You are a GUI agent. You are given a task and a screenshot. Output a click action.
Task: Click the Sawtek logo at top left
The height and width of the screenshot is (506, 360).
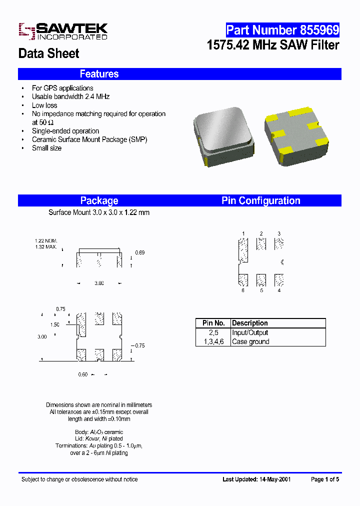[63, 31]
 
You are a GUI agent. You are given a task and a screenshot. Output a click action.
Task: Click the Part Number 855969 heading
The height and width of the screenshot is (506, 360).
[282, 30]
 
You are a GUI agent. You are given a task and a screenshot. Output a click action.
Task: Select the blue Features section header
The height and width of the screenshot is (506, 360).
[99, 74]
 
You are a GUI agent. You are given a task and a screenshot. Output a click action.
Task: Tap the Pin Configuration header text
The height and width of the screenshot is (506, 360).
[260, 200]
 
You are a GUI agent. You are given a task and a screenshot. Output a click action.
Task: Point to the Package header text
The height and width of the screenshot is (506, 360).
[99, 200]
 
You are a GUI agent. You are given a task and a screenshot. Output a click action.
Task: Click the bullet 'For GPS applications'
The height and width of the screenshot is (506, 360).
[62, 88]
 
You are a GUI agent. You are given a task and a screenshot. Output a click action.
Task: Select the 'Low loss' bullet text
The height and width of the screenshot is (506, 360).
[44, 105]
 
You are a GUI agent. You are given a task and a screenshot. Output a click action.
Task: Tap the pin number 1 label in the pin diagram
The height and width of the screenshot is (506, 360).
[243, 233]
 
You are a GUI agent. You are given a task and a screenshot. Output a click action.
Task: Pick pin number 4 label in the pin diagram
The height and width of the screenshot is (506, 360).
[279, 290]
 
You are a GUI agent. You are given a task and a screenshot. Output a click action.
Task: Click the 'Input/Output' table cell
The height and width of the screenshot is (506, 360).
[250, 332]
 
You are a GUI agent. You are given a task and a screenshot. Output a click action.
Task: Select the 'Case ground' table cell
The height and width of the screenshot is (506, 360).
[250, 341]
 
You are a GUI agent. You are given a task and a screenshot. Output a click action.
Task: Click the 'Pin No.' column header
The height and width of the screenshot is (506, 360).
[213, 323]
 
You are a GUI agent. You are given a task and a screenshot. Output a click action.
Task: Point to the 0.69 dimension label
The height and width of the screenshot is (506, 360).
[140, 253]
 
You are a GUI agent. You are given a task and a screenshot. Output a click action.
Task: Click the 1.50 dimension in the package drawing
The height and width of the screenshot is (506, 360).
[55, 324]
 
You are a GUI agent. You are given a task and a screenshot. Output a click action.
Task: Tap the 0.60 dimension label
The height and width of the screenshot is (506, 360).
[83, 374]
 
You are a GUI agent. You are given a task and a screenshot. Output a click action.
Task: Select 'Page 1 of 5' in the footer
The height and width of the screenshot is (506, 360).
[325, 479]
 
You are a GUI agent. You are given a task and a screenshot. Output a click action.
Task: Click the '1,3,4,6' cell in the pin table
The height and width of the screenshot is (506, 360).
[213, 341]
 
